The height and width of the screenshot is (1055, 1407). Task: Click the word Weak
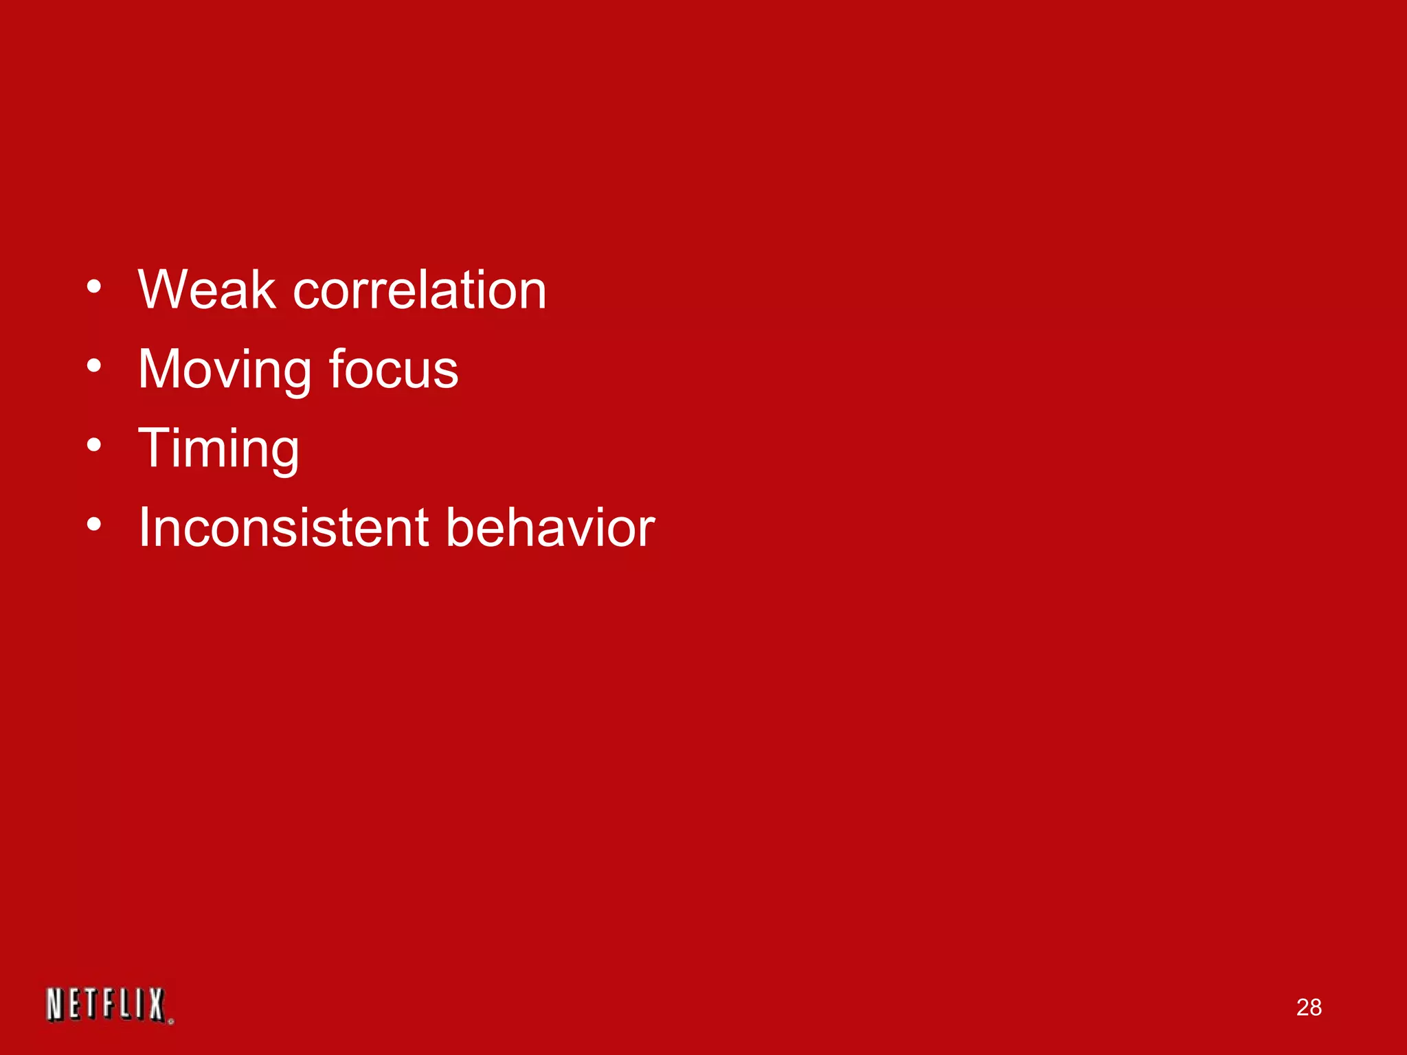206,290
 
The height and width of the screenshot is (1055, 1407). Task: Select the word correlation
419,290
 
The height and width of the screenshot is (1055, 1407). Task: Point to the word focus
393,370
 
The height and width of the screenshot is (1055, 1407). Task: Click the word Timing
218,449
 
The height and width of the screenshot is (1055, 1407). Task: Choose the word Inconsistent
282,527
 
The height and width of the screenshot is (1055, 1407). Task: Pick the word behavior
550,527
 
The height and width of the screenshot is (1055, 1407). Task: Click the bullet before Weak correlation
94,286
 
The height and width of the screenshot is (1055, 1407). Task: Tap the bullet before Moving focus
94,366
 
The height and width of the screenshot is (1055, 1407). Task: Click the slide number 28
1309,1008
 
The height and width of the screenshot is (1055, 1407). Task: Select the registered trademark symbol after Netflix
170,1021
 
